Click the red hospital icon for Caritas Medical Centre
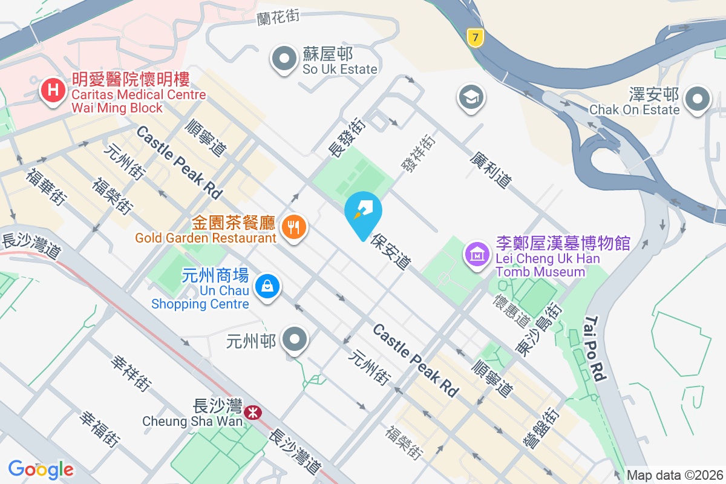pyautogui.click(x=53, y=91)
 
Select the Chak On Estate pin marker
pyautogui.click(x=698, y=99)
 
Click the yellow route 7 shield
pyautogui.click(x=476, y=38)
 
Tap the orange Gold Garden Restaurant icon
pyautogui.click(x=294, y=227)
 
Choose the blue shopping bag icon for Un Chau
pyautogui.click(x=267, y=286)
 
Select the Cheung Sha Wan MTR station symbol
pyautogui.click(x=253, y=413)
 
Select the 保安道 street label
pyautogui.click(x=392, y=252)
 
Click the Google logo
pyautogui.click(x=41, y=469)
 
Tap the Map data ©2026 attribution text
pyautogui.click(x=675, y=475)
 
